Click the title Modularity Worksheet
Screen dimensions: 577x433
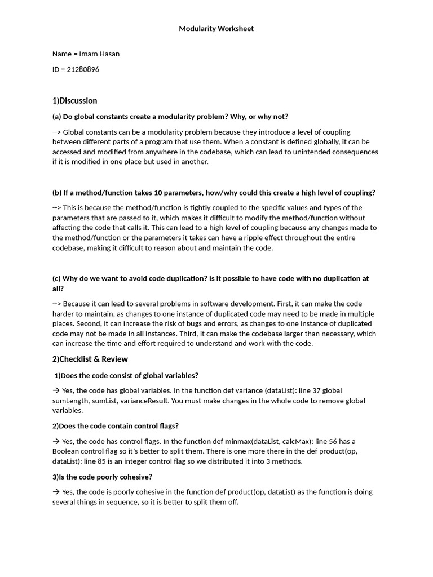pos(216,29)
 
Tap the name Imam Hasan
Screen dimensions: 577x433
pos(99,54)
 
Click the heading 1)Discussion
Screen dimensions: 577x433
pos(74,101)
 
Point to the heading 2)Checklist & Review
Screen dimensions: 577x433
pos(90,359)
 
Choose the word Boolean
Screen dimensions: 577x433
pos(66,451)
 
